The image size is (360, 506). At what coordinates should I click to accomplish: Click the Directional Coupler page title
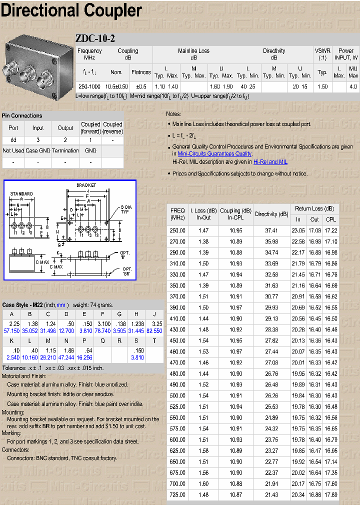71,10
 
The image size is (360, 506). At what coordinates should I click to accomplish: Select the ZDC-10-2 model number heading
95,38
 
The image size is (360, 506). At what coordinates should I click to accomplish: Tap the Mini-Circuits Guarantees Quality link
214,154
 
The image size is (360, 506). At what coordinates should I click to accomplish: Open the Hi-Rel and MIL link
270,162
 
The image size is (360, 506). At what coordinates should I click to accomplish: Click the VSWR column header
322,54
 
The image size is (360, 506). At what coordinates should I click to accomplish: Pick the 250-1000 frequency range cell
89,86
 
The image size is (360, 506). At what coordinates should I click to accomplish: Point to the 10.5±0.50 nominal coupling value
116,86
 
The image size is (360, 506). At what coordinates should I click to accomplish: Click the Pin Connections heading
22,115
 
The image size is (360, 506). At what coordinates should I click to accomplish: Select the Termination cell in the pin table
65,150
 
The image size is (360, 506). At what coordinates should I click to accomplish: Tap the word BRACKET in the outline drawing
86,185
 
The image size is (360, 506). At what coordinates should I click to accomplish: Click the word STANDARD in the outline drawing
21,194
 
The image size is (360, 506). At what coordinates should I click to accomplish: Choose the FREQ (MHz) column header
177,214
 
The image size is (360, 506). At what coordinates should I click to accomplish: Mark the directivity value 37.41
271,230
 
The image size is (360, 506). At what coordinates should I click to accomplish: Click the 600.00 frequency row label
177,439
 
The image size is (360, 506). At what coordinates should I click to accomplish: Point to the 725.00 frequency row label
177,494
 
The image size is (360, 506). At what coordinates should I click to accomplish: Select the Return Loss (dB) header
314,208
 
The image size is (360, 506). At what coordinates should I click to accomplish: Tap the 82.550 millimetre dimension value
154,331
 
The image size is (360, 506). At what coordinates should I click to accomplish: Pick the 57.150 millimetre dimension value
11,331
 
